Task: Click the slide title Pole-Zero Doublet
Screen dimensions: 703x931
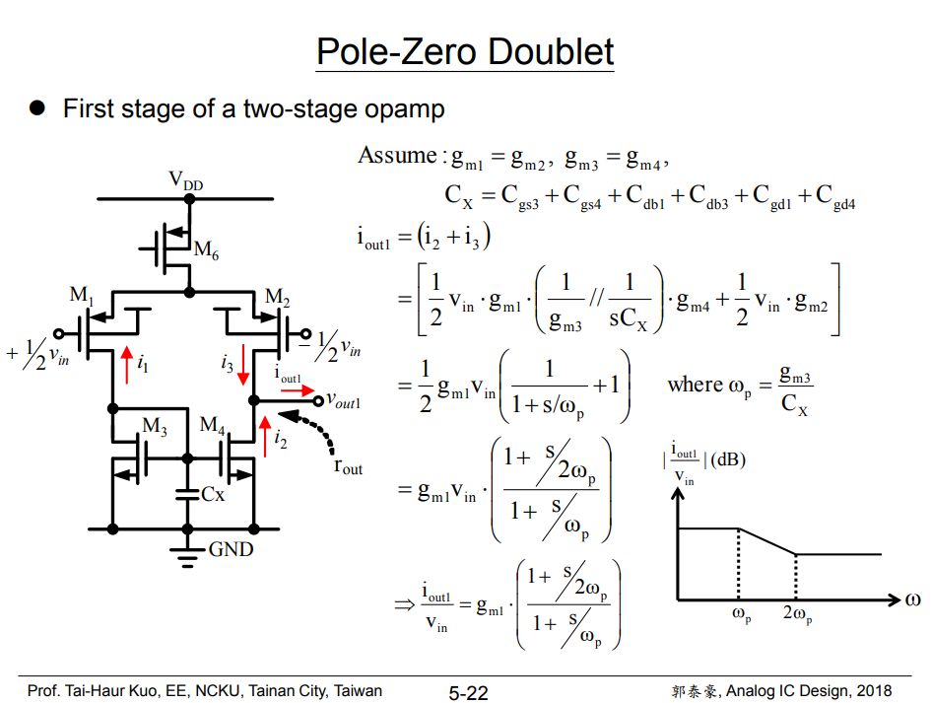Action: [465, 51]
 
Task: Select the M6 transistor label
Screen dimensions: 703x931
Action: [206, 250]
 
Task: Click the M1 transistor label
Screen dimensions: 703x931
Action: [82, 294]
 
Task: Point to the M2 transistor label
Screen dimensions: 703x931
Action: [278, 297]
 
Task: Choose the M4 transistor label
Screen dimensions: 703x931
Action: [213, 425]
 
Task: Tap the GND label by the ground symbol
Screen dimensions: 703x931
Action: [231, 550]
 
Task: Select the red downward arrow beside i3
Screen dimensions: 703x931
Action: [243, 366]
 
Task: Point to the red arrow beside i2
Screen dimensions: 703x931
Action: [264, 435]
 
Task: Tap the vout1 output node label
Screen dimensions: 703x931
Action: [344, 402]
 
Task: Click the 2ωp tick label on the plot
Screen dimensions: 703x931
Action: [798, 616]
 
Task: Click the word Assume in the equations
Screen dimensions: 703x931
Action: [397, 156]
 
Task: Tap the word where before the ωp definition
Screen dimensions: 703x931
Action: [696, 385]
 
